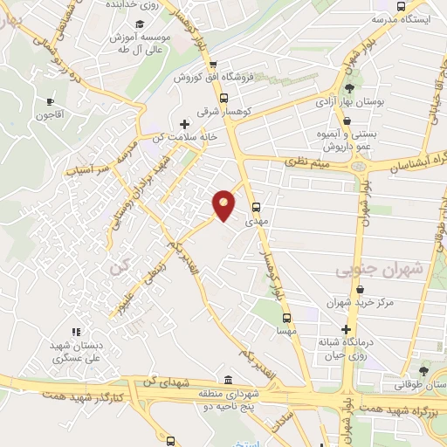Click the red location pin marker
coord(224,205)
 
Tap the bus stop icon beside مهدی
coord(256,208)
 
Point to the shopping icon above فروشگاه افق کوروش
coord(212,63)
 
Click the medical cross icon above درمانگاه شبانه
coord(347,329)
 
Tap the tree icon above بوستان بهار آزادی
coord(350,88)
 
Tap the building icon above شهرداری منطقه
coord(228,380)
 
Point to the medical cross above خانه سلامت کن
coord(184,124)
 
